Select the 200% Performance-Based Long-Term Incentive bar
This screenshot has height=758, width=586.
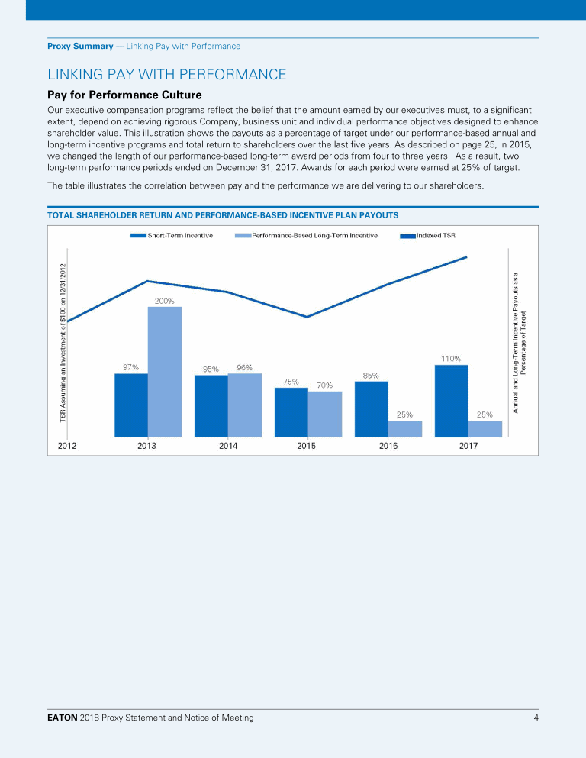pos(165,371)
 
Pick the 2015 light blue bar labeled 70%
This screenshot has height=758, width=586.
pos(325,414)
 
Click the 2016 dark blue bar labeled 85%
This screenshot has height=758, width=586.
pos(371,408)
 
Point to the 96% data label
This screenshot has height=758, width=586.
pos(244,367)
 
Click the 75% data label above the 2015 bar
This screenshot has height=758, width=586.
pos(291,381)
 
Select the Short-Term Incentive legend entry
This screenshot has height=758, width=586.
pos(172,235)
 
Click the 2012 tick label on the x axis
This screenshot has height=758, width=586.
pos(66,446)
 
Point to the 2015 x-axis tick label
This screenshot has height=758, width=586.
pos(306,446)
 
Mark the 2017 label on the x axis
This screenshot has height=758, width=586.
pos(468,446)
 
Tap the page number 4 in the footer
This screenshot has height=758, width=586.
pos(536,718)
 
